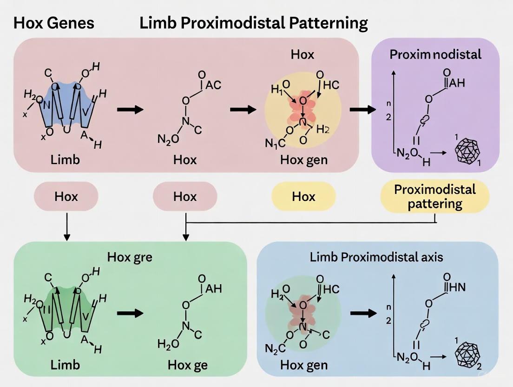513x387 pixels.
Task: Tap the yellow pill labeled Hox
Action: tap(303, 196)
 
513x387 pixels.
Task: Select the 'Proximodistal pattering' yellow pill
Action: tap(434, 196)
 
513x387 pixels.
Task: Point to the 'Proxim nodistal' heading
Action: tap(435, 54)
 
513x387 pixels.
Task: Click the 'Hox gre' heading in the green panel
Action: tap(130, 257)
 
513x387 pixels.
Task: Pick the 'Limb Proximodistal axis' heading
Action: tap(376, 257)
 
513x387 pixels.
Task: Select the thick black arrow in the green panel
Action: tap(130, 313)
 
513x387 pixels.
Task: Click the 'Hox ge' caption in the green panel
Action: tap(188, 365)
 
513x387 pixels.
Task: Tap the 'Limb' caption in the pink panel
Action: tap(66, 160)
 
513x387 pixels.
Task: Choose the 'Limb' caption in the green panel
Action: tap(66, 365)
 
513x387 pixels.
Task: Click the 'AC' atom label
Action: tap(213, 85)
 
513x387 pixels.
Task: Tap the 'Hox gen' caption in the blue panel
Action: tap(304, 365)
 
